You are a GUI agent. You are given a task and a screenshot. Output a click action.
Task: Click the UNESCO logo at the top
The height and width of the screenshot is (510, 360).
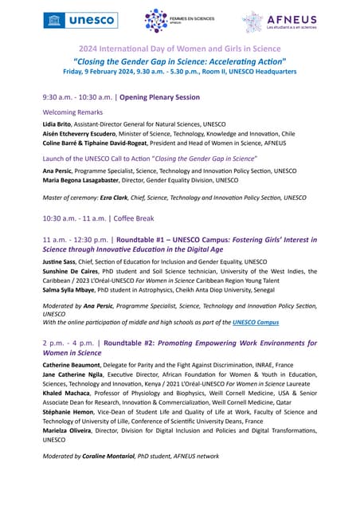pyautogui.click(x=80, y=20)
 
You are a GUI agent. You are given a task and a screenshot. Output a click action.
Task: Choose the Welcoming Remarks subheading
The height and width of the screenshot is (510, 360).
pyautogui.click(x=72, y=112)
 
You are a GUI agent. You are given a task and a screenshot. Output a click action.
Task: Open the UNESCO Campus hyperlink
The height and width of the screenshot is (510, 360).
pyautogui.click(x=256, y=322)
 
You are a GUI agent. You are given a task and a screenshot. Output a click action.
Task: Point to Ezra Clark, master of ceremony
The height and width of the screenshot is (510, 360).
pyautogui.click(x=114, y=198)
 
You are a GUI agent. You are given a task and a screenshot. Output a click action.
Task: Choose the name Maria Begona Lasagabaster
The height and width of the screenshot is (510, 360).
pyautogui.click(x=89, y=180)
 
